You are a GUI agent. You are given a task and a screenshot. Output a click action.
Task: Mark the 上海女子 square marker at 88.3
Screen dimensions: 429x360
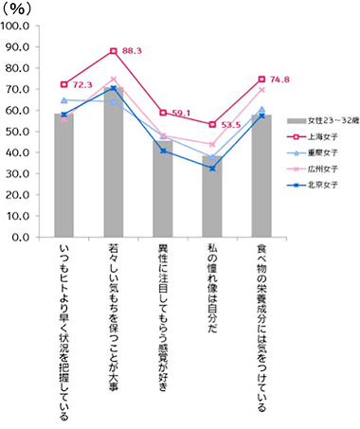coord(114,50)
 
